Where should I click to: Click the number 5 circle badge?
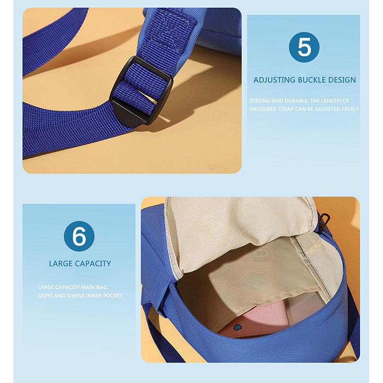[x=304, y=47]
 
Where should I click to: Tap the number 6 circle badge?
[x=79, y=236]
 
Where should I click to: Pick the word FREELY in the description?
[x=350, y=109]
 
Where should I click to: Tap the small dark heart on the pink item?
[x=236, y=327]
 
